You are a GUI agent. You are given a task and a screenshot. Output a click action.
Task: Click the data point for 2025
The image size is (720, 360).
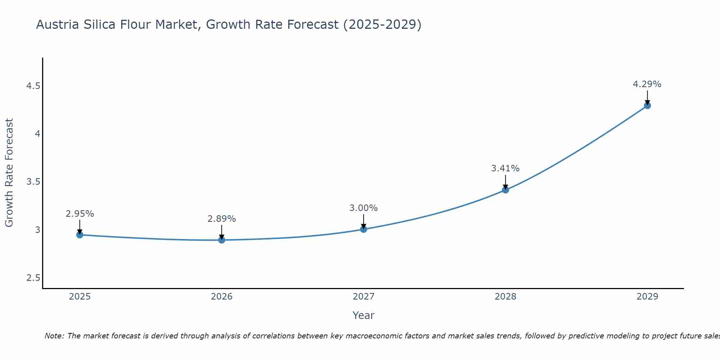(80, 235)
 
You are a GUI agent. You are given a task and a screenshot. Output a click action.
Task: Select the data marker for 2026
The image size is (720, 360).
(221, 240)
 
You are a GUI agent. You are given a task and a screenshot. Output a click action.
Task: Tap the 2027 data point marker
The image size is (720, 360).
(363, 229)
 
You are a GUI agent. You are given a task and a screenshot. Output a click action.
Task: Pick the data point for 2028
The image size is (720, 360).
(505, 190)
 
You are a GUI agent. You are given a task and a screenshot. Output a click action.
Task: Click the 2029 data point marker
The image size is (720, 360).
(647, 105)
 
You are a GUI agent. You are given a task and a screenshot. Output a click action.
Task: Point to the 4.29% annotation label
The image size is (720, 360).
(647, 84)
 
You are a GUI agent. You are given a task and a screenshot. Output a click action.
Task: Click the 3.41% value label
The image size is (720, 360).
(505, 168)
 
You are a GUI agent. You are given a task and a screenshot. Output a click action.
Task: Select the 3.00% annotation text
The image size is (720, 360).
(363, 208)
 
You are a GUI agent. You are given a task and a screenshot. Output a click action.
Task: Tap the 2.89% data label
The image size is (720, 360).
(221, 219)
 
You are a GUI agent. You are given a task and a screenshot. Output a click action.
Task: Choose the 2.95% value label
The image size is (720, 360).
(80, 214)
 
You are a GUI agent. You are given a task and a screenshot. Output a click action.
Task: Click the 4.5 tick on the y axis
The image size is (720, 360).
(33, 86)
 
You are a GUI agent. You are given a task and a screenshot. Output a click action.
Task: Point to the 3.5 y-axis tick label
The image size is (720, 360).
(33, 182)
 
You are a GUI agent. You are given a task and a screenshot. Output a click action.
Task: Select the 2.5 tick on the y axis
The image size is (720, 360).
(33, 278)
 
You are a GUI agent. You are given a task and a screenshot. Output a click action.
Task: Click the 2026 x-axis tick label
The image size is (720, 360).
(221, 297)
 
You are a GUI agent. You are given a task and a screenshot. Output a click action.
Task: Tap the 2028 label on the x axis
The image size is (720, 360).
(505, 297)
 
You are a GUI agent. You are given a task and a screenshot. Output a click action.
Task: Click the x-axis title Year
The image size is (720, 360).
(363, 315)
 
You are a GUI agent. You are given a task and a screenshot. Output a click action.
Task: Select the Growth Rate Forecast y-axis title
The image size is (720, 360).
(9, 173)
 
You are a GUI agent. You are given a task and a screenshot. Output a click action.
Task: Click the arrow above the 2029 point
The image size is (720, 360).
(647, 97)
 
